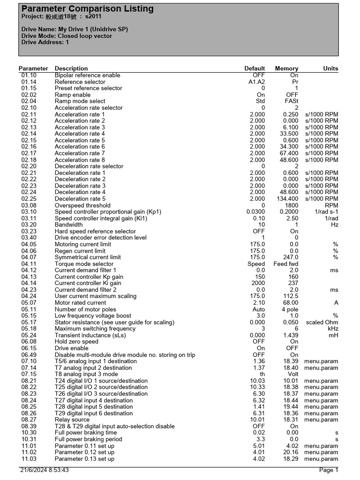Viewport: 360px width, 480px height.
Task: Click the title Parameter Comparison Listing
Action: pos(87,9)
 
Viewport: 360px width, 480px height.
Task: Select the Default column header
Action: pos(255,68)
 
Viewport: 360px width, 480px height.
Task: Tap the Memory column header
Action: pos(286,68)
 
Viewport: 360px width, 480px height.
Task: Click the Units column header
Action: pos(330,68)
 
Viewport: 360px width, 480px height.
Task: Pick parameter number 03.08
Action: pos(29,205)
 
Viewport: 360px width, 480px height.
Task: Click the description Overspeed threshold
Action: pos(82,205)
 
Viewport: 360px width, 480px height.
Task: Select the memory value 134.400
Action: pos(287,199)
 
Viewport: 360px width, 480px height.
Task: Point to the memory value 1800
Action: pos(291,205)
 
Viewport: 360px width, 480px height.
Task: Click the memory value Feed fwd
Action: pos(286,264)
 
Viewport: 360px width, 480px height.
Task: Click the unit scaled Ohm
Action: pos(322,322)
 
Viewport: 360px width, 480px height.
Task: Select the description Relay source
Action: pos(73,420)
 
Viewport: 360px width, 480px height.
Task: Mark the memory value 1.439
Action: pos(291,336)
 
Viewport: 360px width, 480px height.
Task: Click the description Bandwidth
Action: pos(68,225)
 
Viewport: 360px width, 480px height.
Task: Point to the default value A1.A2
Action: pos(256,82)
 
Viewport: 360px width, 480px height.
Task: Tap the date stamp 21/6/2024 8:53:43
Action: pos(45,470)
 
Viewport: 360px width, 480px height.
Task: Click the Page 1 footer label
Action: pos(328,470)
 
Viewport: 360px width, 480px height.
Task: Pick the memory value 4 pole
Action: pos(290,309)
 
